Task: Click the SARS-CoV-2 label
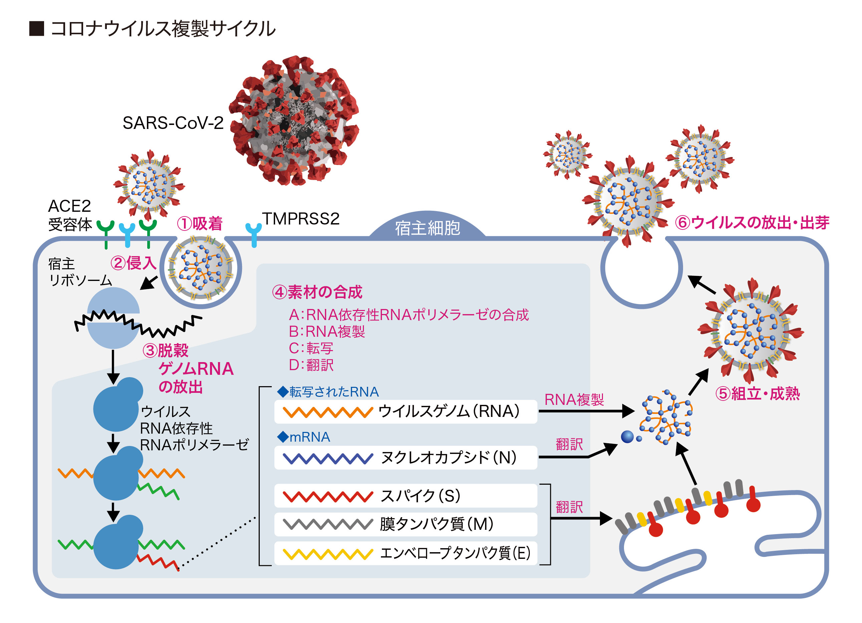pos(173,123)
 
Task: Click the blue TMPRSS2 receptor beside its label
pos(253,234)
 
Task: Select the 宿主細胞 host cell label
pos(427,228)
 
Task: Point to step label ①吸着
pos(200,223)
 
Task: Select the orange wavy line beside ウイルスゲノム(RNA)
pos(328,412)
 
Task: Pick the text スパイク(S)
pos(420,496)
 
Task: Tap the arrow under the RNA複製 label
pos(585,411)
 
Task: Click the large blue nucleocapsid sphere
pos(627,437)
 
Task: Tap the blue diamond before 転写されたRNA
pos(283,392)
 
